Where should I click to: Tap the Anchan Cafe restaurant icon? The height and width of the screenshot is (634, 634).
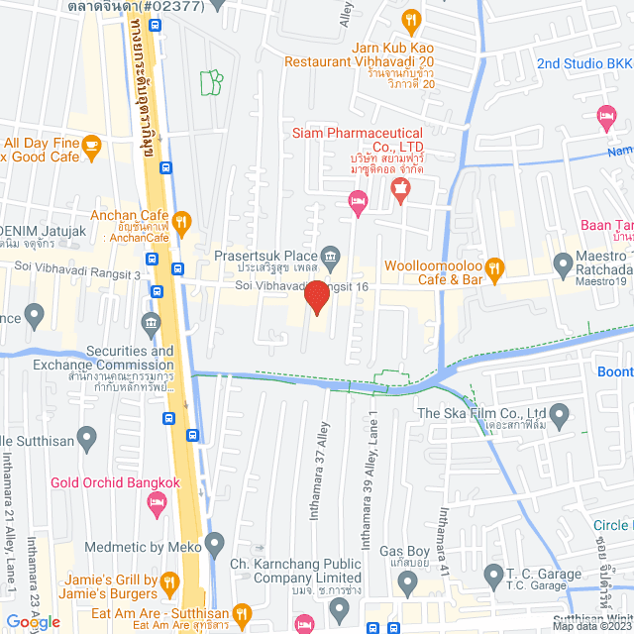point(180,221)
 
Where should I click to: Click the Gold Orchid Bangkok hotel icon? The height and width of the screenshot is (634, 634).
point(157,504)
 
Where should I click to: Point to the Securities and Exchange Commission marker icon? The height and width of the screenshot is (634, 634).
point(151,322)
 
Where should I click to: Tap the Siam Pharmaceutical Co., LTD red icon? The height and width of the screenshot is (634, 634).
point(401,188)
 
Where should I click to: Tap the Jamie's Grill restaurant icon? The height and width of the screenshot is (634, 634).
point(169,583)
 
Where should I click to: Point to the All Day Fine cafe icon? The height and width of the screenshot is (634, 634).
point(91,148)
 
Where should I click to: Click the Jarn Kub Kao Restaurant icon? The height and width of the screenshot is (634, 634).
point(415,19)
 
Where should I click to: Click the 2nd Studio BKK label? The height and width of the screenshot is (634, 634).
point(584,63)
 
